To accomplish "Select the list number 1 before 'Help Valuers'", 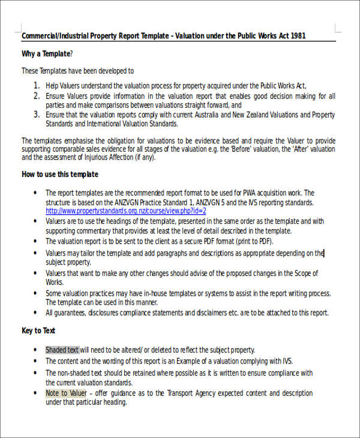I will [x=37, y=86].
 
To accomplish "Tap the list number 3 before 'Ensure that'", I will [x=37, y=114].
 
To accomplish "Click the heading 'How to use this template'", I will [x=60, y=175].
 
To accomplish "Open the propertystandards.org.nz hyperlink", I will [x=126, y=211].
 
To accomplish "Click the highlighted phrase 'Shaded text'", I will [x=62, y=350].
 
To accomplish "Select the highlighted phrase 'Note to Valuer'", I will [x=66, y=394].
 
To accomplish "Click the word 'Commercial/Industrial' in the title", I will [x=55, y=36].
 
